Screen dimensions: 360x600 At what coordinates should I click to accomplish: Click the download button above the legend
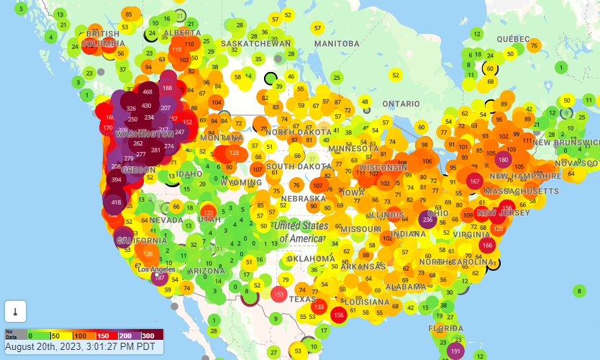(15, 310)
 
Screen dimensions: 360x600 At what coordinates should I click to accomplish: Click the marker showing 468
(147, 92)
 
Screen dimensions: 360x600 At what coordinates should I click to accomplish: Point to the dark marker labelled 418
(116, 203)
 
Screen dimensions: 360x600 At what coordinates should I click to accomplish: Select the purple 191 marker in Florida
(455, 351)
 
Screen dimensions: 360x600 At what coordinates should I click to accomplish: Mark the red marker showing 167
(474, 181)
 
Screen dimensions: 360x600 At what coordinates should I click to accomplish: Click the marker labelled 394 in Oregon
(116, 179)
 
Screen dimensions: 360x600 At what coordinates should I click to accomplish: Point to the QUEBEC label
(513, 39)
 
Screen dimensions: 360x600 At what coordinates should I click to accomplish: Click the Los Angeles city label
(157, 269)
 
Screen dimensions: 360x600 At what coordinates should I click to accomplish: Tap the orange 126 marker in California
(148, 253)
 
